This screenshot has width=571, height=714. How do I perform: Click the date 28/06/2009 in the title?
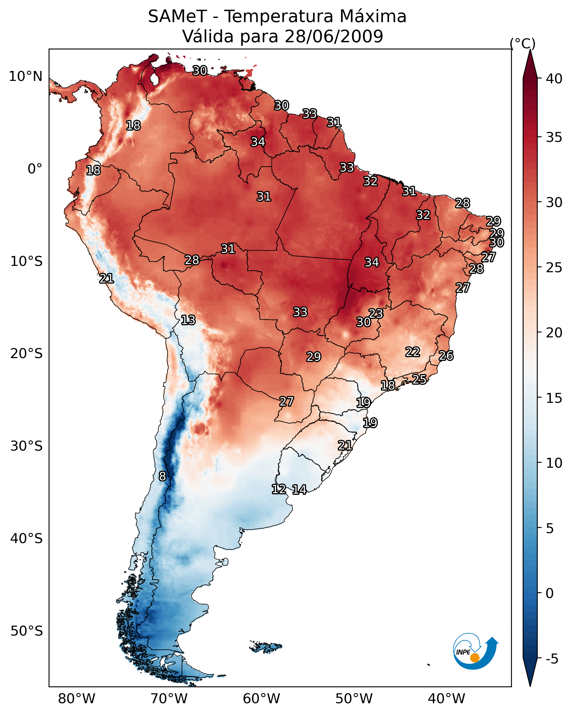click(333, 36)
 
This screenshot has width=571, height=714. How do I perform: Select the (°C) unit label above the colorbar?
click(522, 43)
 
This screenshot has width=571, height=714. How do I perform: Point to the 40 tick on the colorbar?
click(554, 79)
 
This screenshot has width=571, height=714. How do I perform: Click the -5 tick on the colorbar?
click(551, 659)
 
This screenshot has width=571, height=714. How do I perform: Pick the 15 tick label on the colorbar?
click(554, 398)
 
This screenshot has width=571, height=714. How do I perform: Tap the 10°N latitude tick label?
click(25, 76)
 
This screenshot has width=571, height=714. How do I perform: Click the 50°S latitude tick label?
click(27, 631)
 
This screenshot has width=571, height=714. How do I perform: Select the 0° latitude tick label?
click(35, 169)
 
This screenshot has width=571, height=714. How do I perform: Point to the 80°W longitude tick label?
click(77, 699)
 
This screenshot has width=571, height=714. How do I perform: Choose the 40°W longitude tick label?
click(446, 699)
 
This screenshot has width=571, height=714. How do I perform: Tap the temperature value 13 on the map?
click(188, 320)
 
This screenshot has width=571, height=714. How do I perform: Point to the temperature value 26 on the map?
click(446, 356)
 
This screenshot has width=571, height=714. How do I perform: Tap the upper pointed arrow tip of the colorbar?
click(530, 51)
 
